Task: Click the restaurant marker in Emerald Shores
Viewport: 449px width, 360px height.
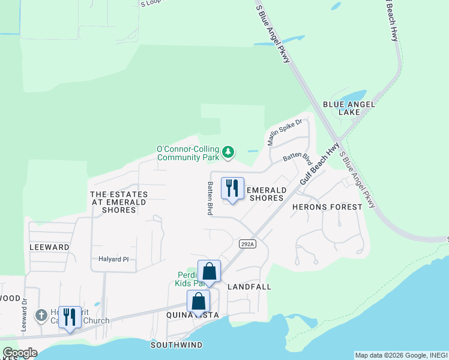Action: pyautogui.click(x=232, y=188)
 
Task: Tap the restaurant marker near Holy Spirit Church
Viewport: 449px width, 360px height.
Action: pyautogui.click(x=70, y=317)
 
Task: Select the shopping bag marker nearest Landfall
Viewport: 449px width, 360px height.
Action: pyautogui.click(x=209, y=272)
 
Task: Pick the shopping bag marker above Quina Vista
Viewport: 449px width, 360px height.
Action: pyautogui.click(x=198, y=302)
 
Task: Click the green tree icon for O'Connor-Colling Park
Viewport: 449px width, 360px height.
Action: pyautogui.click(x=228, y=152)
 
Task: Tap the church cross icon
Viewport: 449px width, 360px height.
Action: pyautogui.click(x=41, y=315)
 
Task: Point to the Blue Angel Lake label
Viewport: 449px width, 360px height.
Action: pyautogui.click(x=349, y=108)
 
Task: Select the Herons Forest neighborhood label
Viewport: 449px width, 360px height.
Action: pyautogui.click(x=327, y=207)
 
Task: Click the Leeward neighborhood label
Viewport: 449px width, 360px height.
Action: pyautogui.click(x=49, y=247)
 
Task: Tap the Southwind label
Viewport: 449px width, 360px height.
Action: pyautogui.click(x=176, y=345)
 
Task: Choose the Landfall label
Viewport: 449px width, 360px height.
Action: pyautogui.click(x=250, y=287)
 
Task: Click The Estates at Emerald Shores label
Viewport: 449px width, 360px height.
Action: pyautogui.click(x=119, y=202)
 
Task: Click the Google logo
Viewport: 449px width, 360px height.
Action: pyautogui.click(x=20, y=353)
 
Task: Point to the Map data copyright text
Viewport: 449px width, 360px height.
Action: pyautogui.click(x=400, y=355)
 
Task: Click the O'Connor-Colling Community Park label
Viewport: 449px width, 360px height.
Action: pyautogui.click(x=187, y=154)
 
